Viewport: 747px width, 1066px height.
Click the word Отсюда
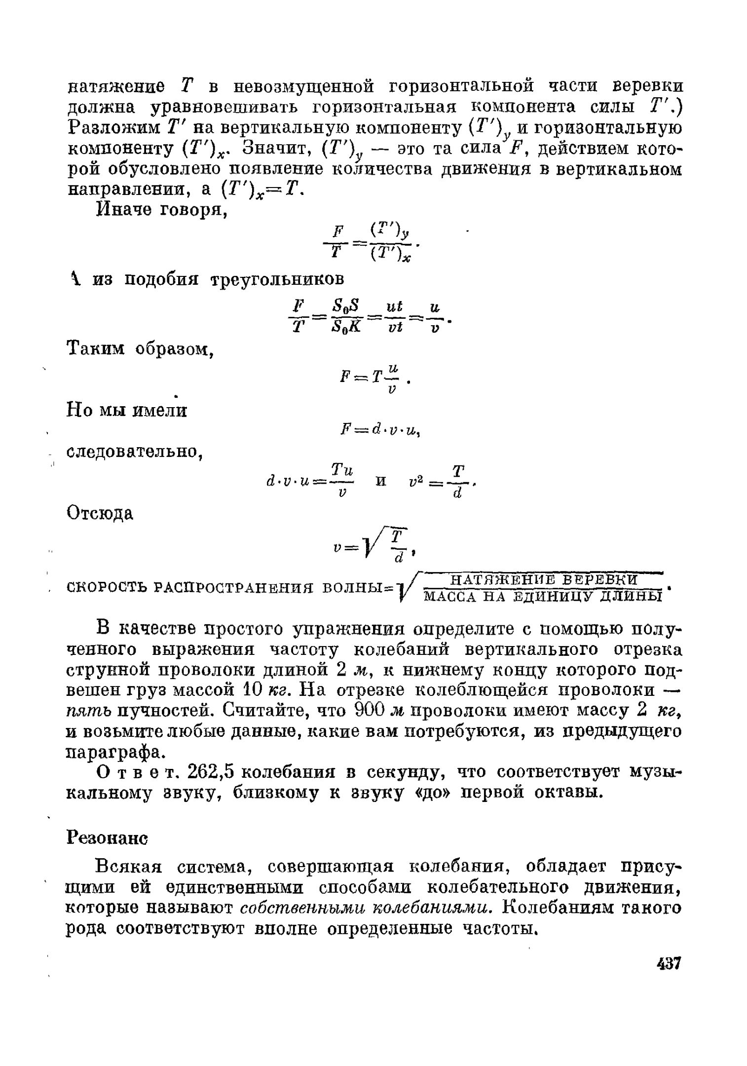click(x=100, y=514)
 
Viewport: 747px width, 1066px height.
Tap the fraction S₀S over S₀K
click(x=347, y=317)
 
